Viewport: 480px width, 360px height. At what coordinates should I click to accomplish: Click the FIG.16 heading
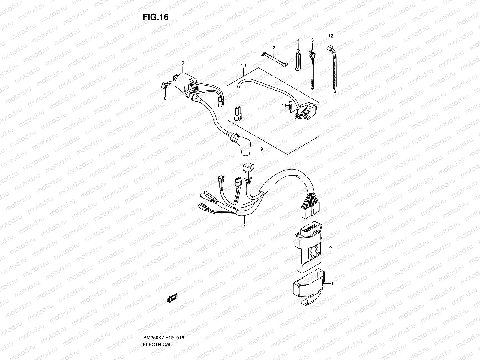coord(155,17)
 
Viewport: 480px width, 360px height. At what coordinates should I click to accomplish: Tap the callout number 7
coord(183,63)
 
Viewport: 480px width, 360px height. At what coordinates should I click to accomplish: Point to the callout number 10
coord(243,65)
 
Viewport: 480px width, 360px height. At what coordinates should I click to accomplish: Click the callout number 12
coord(331,36)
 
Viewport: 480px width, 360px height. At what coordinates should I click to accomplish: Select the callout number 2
coord(274,48)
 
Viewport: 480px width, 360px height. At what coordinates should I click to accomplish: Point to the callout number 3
coord(312,40)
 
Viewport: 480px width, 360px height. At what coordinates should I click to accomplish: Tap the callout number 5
coord(330,247)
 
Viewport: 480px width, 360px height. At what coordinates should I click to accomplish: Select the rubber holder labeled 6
coord(308,286)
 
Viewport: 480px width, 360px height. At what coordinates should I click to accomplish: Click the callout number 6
coord(333,283)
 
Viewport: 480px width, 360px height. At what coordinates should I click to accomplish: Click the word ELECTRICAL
coord(157,328)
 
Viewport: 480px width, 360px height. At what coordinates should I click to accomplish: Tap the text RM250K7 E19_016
coord(163,321)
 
